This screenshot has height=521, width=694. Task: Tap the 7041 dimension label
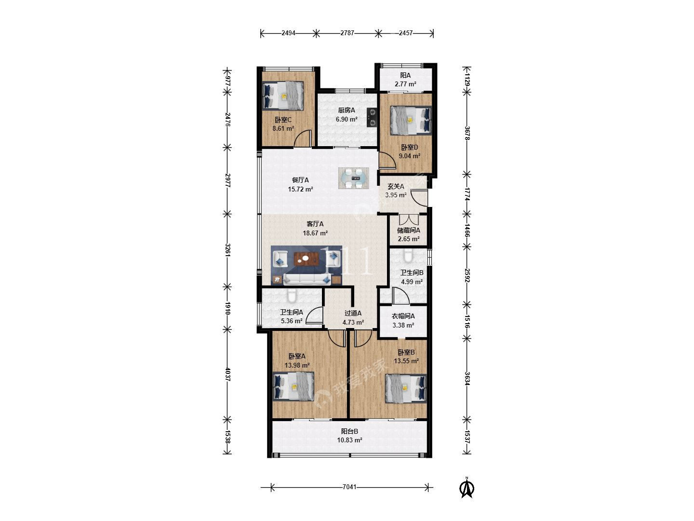[x=349, y=487]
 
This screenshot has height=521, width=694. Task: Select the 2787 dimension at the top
[x=347, y=33]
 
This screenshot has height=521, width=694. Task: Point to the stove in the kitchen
[x=372, y=117]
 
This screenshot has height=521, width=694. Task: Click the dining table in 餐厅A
[x=353, y=178]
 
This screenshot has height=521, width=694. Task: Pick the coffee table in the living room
[x=306, y=259]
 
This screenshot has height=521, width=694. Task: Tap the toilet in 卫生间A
[x=292, y=295]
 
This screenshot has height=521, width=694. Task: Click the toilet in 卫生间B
[x=408, y=256]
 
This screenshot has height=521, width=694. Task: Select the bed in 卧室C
[x=283, y=96]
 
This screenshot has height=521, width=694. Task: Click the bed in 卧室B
[x=406, y=388]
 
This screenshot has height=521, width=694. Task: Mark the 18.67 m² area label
[x=315, y=233]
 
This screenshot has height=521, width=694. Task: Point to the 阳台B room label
[x=349, y=431]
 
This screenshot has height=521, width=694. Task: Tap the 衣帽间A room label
[x=403, y=316]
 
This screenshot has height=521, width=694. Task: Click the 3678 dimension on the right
[x=467, y=133]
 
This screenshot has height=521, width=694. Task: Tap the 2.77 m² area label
[x=405, y=84]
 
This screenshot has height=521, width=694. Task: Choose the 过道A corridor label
[x=353, y=313]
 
